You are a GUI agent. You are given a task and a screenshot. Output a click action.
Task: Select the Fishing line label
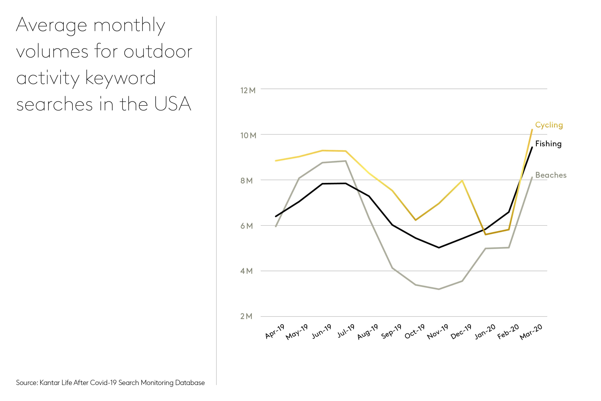548,144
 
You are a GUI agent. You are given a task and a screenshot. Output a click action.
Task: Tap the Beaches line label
551,175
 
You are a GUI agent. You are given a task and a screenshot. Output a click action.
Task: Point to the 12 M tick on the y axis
248,90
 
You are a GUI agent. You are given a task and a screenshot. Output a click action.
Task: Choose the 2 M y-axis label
246,316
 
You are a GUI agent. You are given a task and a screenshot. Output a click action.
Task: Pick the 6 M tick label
247,226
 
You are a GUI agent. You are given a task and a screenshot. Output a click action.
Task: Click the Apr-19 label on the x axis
275,332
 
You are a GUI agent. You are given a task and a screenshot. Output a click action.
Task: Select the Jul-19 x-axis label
346,331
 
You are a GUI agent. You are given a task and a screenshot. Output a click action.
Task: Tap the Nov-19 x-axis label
438,332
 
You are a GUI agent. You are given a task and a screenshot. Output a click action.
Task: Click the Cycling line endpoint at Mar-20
532,130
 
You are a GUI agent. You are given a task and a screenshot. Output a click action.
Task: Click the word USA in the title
173,104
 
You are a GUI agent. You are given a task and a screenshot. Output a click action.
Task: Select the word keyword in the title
120,78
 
